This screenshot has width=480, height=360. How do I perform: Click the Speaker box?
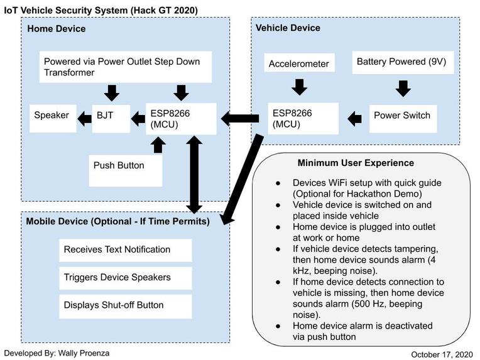click(52, 116)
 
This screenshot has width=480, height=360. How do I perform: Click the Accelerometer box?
click(298, 64)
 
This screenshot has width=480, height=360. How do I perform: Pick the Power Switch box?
click(402, 116)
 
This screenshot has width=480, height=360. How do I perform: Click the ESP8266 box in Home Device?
click(182, 117)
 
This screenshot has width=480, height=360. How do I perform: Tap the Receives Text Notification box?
click(125, 249)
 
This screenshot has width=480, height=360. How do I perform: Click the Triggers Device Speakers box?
click(125, 277)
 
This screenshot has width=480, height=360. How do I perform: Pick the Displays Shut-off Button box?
click(125, 305)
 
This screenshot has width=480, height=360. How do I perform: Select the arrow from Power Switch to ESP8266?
click(355, 116)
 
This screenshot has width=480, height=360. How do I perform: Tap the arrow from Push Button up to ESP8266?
click(157, 145)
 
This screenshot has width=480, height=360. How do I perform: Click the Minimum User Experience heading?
click(356, 163)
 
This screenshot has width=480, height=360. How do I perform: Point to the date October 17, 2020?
click(445, 354)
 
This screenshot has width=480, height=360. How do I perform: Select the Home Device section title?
click(57, 28)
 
